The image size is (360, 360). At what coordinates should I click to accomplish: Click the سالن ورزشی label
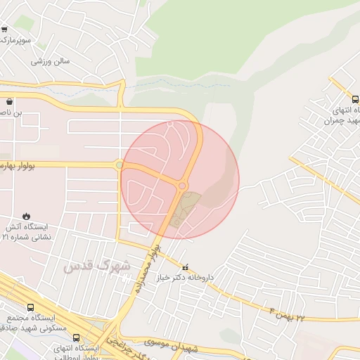click(50, 61)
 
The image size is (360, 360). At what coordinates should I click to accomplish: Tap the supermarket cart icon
click(4, 30)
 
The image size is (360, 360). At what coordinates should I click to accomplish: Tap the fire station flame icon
click(26, 216)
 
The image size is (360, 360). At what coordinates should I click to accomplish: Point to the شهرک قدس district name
click(96, 266)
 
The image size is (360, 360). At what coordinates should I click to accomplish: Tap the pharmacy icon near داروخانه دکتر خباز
click(186, 267)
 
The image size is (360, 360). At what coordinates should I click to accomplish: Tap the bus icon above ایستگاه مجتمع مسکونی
click(30, 307)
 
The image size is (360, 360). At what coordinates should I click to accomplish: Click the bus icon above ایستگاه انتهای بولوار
click(76, 338)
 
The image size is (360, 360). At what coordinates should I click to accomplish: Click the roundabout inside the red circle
click(182, 186)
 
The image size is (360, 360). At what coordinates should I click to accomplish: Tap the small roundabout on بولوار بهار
click(120, 166)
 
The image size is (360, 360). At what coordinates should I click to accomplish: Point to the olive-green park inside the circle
click(185, 208)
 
